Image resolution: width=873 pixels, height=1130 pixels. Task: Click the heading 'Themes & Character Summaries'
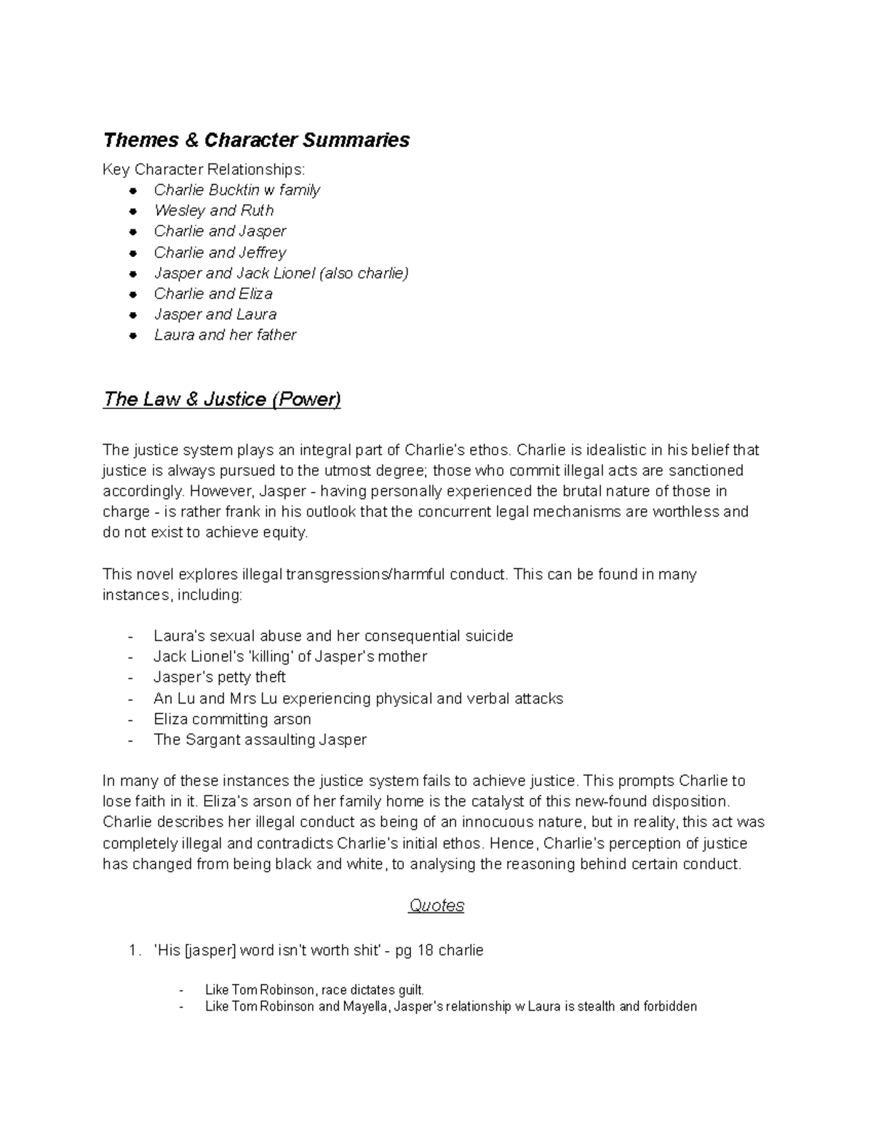coord(256,140)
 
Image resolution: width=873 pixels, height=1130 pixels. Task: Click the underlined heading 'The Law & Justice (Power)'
coord(222,399)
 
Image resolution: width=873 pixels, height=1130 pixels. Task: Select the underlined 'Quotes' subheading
coord(436,905)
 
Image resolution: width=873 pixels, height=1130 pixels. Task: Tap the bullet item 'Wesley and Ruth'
coord(214,210)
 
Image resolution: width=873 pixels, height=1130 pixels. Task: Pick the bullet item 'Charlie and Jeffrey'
coord(220,252)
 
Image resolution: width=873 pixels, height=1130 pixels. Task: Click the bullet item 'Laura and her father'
coord(225,335)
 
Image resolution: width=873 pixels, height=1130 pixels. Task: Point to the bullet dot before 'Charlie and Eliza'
coord(132,295)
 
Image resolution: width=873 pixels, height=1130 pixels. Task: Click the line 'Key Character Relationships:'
coord(204,170)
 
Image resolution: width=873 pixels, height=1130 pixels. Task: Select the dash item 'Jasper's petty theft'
coord(219,677)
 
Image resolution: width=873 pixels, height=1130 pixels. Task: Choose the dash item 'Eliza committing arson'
coord(232,719)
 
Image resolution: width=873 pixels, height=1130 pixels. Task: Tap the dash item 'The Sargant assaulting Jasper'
coord(260,739)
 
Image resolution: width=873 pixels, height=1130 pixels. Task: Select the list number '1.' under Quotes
coord(133,950)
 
